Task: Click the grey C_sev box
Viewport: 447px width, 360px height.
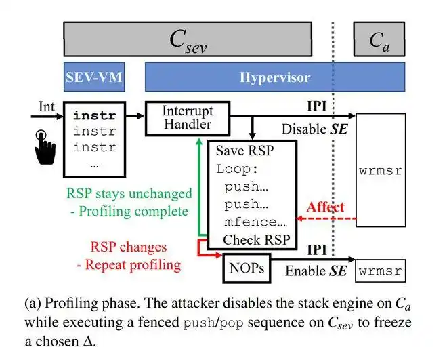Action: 188,39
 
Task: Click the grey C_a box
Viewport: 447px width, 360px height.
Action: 379,39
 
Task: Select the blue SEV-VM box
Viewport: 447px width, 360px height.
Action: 93,77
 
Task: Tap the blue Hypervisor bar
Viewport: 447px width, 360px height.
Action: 275,77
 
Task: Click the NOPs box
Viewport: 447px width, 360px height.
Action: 244,269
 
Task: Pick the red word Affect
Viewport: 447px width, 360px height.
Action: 325,207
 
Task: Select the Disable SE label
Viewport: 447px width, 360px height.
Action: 314,129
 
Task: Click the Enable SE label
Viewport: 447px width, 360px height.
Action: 316,271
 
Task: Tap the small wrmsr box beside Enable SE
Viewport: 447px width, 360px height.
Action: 380,271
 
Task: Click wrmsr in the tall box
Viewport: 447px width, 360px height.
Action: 380,170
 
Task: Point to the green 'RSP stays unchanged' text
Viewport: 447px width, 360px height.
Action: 129,193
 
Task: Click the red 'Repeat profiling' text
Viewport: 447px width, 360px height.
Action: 133,264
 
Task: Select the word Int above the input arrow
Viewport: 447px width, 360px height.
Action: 46,106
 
